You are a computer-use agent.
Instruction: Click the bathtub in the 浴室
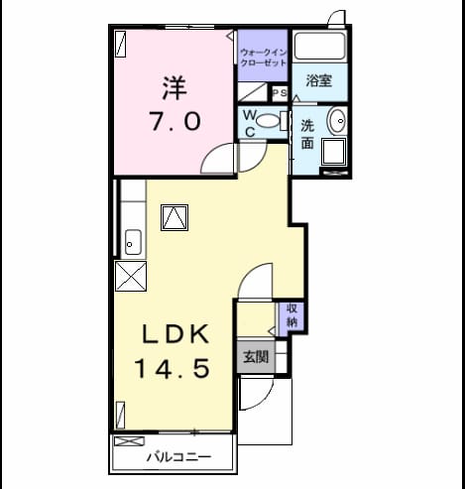[319, 46]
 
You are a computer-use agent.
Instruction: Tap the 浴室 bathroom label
[318, 80]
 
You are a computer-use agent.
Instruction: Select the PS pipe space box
[280, 93]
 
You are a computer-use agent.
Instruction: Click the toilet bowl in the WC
[267, 121]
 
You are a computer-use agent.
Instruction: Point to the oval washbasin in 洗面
[336, 121]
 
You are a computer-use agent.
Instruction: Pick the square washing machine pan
[334, 152]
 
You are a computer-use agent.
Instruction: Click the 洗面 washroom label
[307, 135]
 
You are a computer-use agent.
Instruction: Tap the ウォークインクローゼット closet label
[263, 58]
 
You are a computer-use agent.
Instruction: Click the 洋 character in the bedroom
[174, 88]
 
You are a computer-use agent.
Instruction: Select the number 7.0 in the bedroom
[174, 121]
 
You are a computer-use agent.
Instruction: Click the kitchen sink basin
[134, 242]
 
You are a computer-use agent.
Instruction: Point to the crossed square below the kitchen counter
[131, 276]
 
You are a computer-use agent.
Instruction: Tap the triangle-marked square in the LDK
[174, 217]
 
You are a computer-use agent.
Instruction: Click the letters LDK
[175, 334]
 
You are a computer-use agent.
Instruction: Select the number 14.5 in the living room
[173, 369]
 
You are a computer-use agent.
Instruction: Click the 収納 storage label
[291, 315]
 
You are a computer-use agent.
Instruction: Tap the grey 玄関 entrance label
[256, 357]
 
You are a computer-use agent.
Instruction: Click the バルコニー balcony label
[178, 457]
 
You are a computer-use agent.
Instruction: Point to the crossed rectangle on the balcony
[130, 441]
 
